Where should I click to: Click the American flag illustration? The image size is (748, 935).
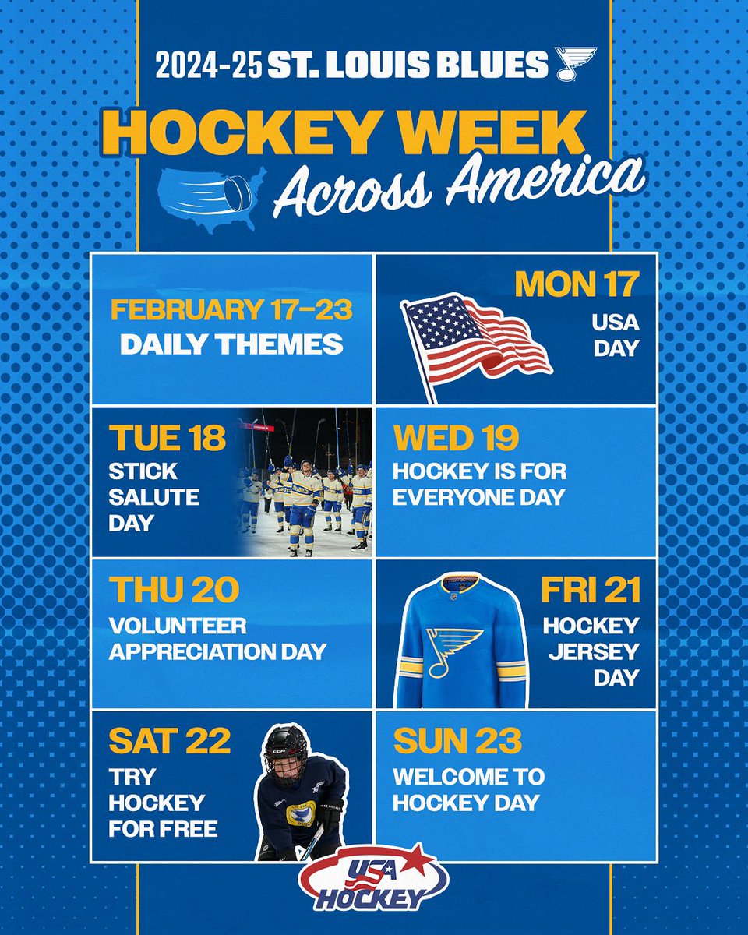click(476, 337)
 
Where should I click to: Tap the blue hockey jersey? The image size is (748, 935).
click(461, 639)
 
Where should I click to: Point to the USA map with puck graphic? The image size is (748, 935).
click(212, 198)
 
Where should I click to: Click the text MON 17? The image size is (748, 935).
click(577, 285)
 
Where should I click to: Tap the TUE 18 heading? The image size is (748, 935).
click(167, 439)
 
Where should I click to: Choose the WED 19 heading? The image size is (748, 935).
click(456, 439)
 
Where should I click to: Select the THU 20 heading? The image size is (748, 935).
click(174, 591)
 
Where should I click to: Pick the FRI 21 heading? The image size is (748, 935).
click(591, 590)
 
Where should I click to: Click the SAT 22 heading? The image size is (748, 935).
click(169, 741)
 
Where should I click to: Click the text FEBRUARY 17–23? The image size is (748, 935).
click(231, 310)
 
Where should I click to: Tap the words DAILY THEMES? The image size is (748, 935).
click(231, 344)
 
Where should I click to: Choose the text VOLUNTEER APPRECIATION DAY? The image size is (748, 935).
click(217, 639)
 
